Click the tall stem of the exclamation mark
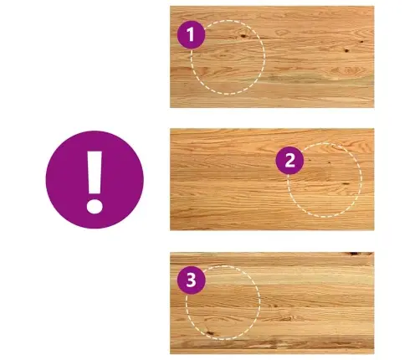pos(95,172)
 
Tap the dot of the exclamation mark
pos(95,206)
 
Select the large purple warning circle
pos(95,180)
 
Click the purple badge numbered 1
pos(192,34)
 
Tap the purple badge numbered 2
pos(289,161)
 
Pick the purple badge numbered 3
pos(192,280)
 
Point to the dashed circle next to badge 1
pos(264,56)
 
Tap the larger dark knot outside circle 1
pos(346,50)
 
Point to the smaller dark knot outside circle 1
pos(361,42)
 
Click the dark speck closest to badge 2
pos(310,160)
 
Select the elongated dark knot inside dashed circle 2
pos(346,183)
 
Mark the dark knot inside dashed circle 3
pos(209,332)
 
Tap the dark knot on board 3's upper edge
pos(355,254)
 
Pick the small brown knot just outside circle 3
pos(274,305)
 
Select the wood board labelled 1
pos(272,57)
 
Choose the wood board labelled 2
pos(272,179)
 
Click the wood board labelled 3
pos(272,303)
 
